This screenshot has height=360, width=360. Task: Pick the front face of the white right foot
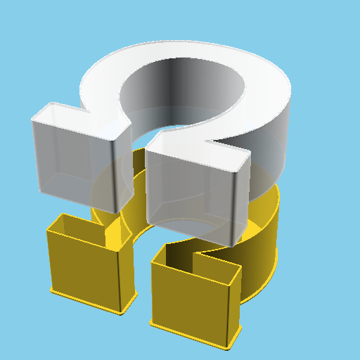[190, 197]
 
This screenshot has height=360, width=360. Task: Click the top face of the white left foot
[77, 120]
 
